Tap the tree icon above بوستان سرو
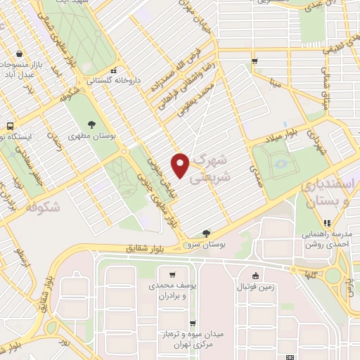[205, 232]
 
